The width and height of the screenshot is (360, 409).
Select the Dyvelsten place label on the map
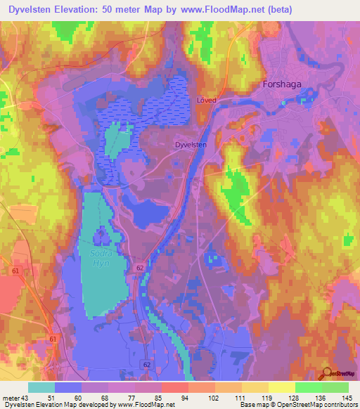point(191,144)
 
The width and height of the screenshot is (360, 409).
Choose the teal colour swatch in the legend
point(41,387)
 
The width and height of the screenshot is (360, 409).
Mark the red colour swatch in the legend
point(174,387)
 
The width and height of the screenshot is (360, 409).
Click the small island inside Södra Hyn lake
point(103,235)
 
